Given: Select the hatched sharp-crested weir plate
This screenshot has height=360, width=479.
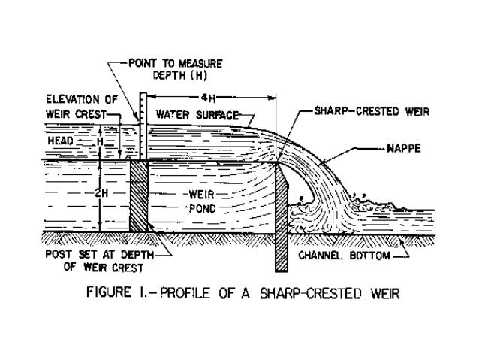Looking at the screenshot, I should click(280, 218).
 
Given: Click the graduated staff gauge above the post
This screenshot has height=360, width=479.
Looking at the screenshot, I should click(141, 124).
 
